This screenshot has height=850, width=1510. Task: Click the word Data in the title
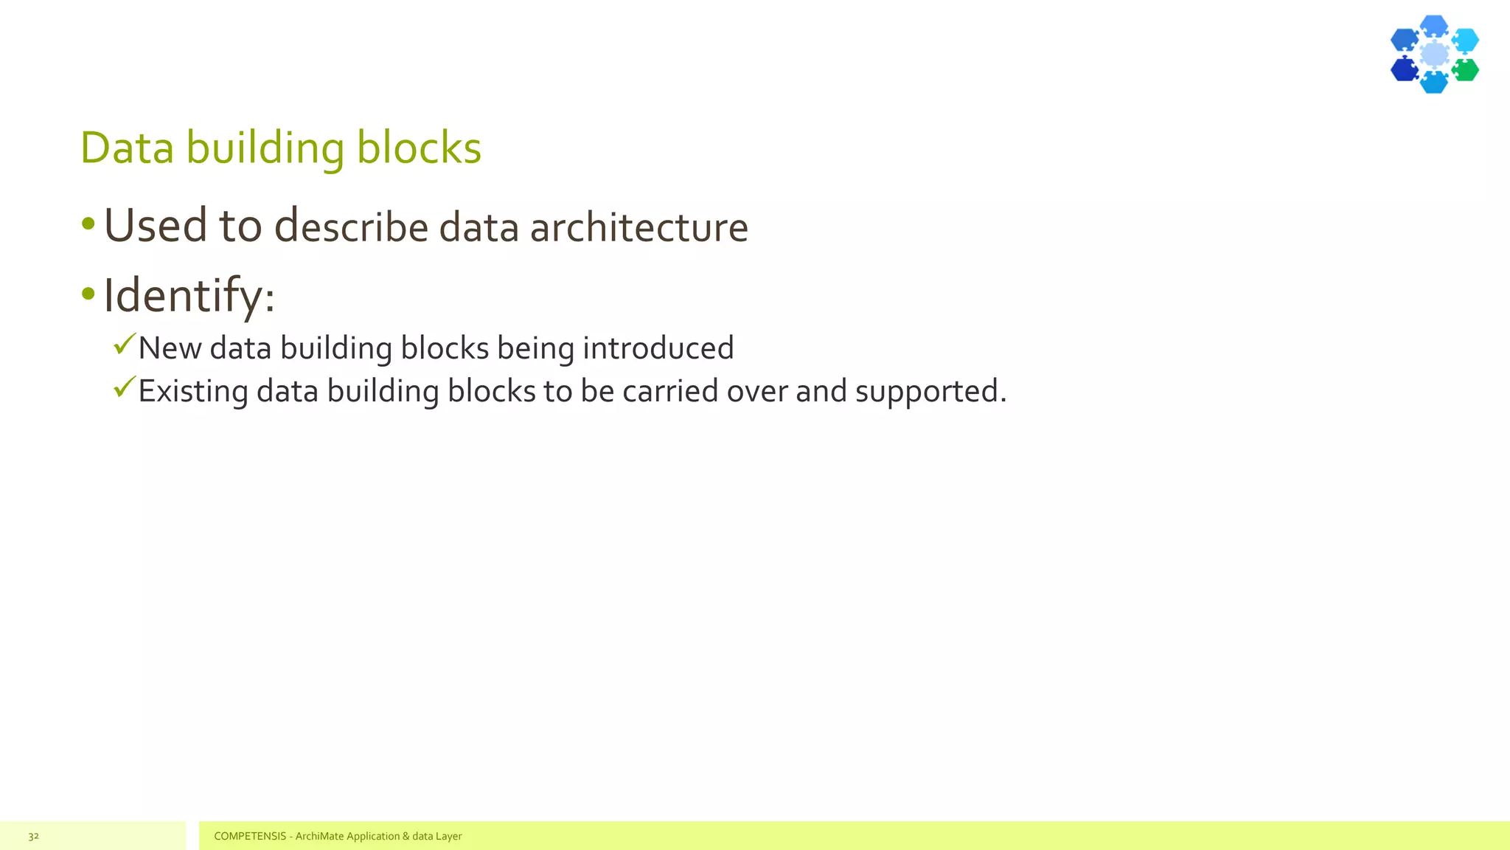(x=127, y=148)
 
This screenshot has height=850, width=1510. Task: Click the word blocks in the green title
(x=418, y=148)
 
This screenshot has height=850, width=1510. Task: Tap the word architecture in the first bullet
(x=639, y=227)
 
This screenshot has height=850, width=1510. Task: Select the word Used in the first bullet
(x=156, y=225)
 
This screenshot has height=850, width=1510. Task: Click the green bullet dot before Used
(x=88, y=224)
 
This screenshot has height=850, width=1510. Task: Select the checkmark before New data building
(x=125, y=343)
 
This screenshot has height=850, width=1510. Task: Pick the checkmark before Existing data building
(x=125, y=386)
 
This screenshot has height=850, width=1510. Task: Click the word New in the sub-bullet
(x=170, y=348)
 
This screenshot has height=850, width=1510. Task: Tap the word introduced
(x=658, y=348)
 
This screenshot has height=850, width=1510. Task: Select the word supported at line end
(x=926, y=391)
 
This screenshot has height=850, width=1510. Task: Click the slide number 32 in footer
(x=33, y=836)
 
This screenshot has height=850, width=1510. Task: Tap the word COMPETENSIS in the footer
(x=250, y=836)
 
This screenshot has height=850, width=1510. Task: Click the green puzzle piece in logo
(x=1465, y=70)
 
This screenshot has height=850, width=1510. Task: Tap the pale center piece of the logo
(x=1434, y=54)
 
